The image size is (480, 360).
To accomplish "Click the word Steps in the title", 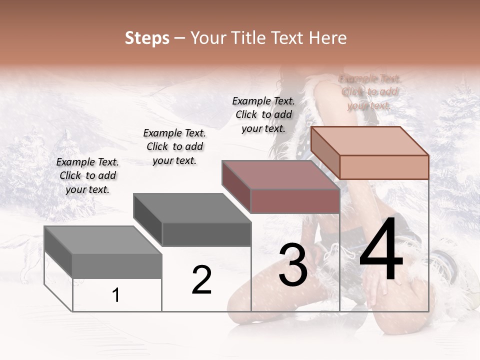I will point(147,38).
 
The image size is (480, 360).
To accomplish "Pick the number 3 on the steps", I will point(293,265).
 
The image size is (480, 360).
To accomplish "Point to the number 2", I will point(202,280).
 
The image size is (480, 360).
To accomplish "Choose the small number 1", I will point(116,295).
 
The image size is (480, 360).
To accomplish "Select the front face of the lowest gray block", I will point(117,265).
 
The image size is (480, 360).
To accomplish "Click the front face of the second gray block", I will point(206,233).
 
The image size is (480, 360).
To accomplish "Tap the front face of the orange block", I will point(384,167).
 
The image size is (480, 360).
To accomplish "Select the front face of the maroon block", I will point(295,201).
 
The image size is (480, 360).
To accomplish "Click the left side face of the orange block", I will point(325,152).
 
